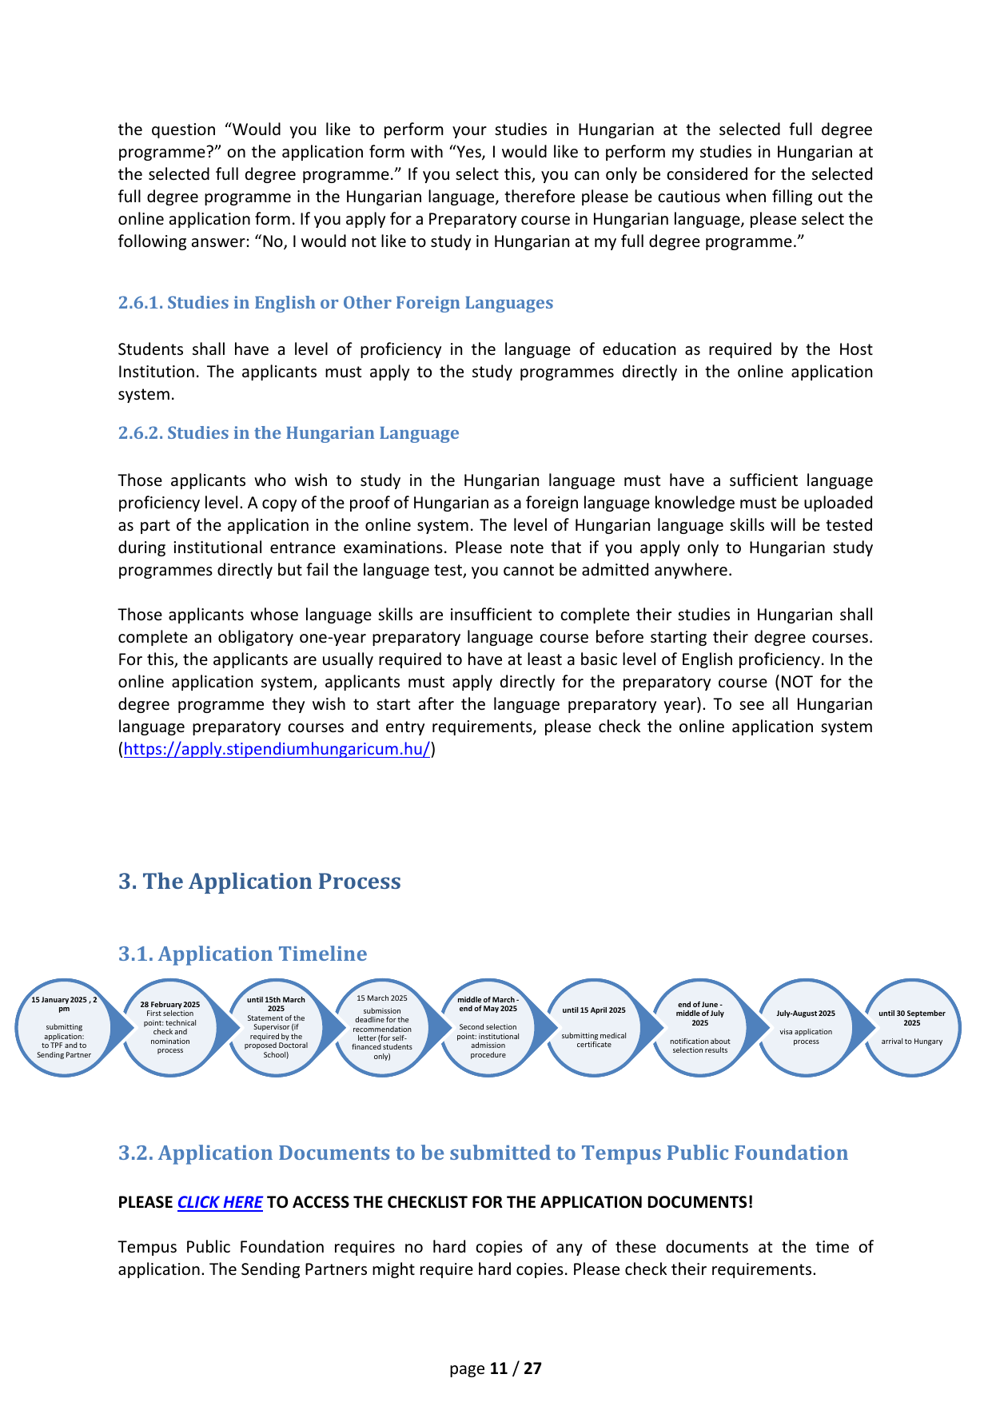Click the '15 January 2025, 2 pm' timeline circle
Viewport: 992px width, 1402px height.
click(64, 1028)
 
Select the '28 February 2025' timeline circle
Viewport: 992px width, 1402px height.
click(170, 1028)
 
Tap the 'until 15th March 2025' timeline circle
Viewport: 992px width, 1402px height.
click(276, 1028)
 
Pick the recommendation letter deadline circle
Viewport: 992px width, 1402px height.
click(382, 1028)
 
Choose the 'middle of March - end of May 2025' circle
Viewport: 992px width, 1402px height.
click(488, 1028)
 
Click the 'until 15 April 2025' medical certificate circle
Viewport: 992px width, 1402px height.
click(594, 1028)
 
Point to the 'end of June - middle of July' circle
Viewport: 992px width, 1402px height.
click(700, 1028)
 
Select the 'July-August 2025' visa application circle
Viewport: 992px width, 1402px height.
click(806, 1028)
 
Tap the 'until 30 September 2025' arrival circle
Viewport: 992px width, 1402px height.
click(912, 1028)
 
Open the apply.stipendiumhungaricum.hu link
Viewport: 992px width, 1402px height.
click(277, 750)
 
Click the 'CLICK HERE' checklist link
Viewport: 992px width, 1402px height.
click(220, 1202)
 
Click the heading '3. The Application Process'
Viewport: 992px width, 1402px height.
click(260, 881)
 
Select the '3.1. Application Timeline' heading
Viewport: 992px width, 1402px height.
click(243, 954)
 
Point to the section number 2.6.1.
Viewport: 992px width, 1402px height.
click(141, 303)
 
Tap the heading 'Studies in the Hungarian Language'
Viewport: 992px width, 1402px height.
click(313, 433)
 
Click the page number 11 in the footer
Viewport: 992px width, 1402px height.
click(499, 1368)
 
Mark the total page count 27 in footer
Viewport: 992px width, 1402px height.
click(533, 1368)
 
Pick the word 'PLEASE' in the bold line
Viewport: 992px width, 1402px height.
click(145, 1202)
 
